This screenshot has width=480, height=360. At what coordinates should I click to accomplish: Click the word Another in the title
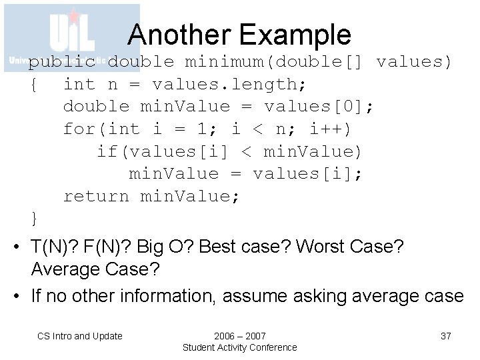tap(174, 34)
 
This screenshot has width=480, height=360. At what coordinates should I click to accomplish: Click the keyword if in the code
tap(107, 151)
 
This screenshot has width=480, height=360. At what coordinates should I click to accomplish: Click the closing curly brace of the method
tap(34, 218)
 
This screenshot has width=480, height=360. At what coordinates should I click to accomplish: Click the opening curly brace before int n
tap(34, 84)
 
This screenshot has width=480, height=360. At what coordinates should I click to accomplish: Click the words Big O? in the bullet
tap(163, 247)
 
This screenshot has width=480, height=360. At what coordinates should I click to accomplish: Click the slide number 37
tap(446, 336)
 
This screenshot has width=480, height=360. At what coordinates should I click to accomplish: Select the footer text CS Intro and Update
tap(80, 336)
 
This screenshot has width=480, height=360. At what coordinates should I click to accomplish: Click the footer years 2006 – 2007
tap(239, 335)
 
